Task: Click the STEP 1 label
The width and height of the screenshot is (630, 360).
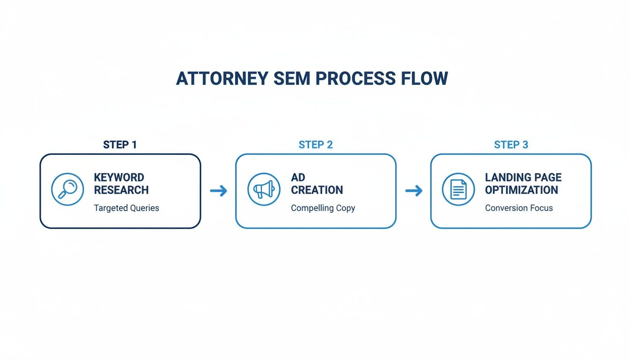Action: click(x=120, y=145)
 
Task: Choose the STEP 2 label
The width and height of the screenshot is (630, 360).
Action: click(x=315, y=145)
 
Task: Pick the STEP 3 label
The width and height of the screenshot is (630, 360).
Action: click(x=511, y=145)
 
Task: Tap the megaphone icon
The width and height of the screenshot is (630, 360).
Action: click(x=263, y=189)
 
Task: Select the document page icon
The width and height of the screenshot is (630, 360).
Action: click(x=458, y=189)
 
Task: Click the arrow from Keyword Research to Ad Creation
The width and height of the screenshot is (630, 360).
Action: click(x=218, y=191)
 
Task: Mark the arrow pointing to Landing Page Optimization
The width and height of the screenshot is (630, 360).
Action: click(x=413, y=191)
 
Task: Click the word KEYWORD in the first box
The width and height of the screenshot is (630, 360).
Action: click(x=119, y=178)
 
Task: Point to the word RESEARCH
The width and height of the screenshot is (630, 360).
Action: click(x=121, y=190)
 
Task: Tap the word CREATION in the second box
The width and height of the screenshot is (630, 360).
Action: click(x=317, y=190)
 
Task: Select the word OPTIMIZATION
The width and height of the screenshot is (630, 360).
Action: click(x=521, y=190)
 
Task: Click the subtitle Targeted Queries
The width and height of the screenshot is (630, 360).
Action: click(x=127, y=208)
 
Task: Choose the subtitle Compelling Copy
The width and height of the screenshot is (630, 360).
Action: click(x=323, y=208)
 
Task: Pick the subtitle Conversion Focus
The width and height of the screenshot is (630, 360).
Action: click(x=519, y=208)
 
